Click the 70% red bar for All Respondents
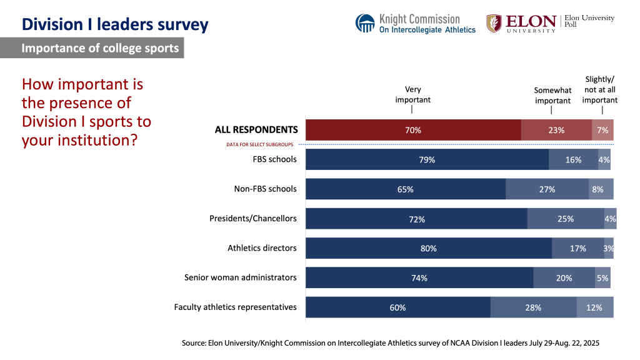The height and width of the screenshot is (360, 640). coord(412,130)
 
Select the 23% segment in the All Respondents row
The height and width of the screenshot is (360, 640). coord(556,130)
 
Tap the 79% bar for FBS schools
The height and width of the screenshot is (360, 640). coord(427,159)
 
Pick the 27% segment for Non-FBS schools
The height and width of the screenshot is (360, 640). coord(547,189)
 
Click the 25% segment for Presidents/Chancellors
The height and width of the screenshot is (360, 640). coord(566,219)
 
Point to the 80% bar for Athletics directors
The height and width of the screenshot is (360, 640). coord(428,248)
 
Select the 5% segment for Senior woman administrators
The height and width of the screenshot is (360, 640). coord(602,277)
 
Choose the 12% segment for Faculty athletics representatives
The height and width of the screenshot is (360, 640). coord(594,307)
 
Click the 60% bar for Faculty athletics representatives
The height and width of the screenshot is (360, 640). coord(397,307)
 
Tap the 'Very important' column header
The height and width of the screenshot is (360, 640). coord(412,94)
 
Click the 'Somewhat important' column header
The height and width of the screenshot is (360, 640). coord(552,96)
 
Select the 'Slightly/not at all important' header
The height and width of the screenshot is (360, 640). coord(600,89)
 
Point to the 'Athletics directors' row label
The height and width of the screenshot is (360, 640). coord(262,248)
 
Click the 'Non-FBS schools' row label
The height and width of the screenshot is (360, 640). coord(266,189)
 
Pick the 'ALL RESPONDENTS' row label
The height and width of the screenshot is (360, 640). coord(256,130)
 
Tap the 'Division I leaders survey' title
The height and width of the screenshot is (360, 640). coord(115,24)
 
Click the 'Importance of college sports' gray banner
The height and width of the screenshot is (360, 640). coord(100,48)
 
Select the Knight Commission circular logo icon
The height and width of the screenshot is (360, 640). coord(365,23)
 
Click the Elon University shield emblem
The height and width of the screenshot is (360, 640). coord(494,23)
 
